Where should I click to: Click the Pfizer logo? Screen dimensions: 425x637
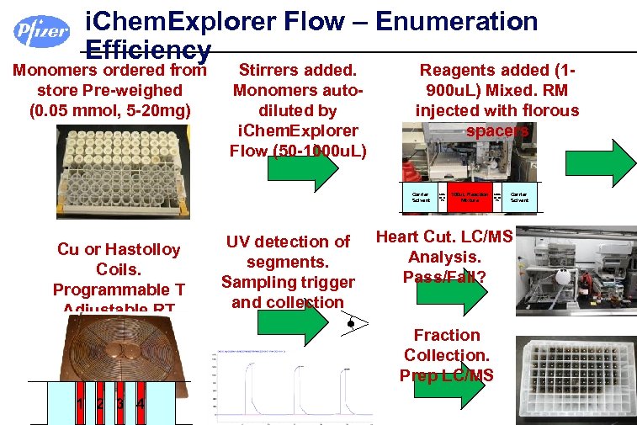pyautogui.click(x=41, y=31)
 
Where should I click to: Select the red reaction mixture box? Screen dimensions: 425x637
pyautogui.click(x=470, y=196)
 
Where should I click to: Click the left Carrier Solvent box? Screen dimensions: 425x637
pyautogui.click(x=420, y=196)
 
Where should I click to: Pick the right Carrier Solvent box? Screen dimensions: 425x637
pyautogui.click(x=519, y=196)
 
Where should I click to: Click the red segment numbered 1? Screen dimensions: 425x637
pyautogui.click(x=80, y=404)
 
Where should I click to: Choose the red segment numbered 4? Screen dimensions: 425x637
pyautogui.click(x=140, y=404)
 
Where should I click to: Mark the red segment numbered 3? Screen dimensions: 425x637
pyautogui.click(x=119, y=404)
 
